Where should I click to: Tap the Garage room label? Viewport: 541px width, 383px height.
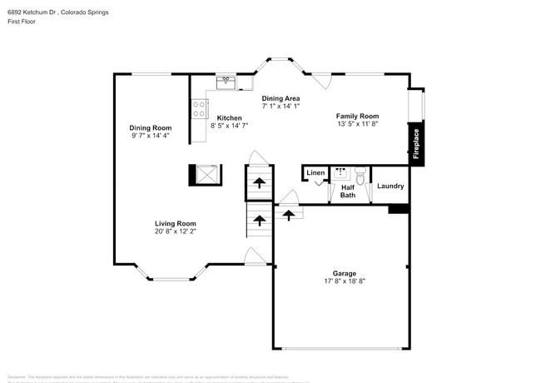(344, 273)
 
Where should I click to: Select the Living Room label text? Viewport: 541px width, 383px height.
(175, 223)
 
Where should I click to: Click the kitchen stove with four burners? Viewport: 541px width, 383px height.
(200, 108)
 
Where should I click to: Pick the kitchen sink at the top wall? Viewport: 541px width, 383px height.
(226, 82)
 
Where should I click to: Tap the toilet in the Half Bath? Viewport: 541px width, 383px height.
(360, 177)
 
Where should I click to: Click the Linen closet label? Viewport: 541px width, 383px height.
(315, 173)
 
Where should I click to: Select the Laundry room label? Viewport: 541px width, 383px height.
(390, 186)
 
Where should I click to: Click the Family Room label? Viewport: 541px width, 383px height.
(357, 116)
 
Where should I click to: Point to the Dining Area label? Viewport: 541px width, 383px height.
(280, 98)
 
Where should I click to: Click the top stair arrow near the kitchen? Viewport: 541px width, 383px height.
(259, 182)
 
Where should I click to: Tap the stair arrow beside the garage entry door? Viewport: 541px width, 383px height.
(289, 214)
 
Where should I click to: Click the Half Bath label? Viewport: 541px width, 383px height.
(347, 191)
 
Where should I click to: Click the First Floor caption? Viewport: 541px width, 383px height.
(22, 22)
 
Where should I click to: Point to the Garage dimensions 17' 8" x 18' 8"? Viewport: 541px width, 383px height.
(344, 281)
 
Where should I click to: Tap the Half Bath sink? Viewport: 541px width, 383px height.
(340, 173)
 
